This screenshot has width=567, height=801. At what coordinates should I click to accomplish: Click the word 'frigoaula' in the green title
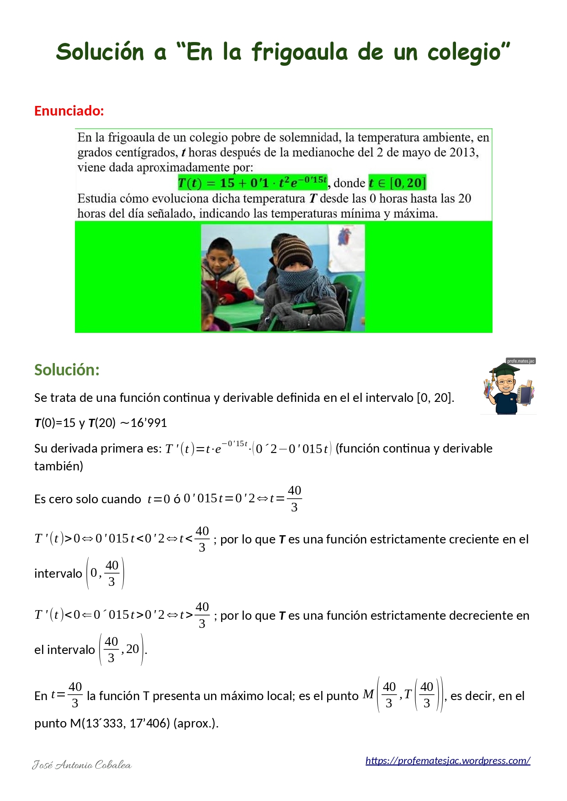click(299, 53)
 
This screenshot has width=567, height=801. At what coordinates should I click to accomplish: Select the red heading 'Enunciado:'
click(69, 111)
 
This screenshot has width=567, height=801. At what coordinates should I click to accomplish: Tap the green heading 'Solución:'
click(67, 370)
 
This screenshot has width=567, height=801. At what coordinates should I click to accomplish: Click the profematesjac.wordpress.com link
click(447, 760)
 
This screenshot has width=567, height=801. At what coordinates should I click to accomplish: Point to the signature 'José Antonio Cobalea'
click(82, 765)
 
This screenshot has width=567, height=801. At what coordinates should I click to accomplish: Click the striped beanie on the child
click(295, 251)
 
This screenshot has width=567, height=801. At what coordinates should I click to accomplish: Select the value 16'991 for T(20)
click(148, 423)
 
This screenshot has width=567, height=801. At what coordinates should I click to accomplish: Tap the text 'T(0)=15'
click(55, 423)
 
